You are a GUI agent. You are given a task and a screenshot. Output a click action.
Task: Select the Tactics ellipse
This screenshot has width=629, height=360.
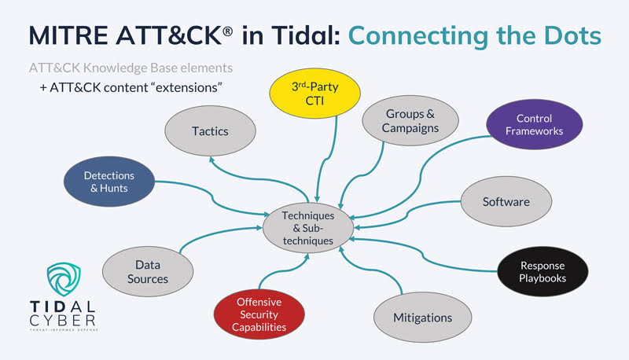pos(210,130)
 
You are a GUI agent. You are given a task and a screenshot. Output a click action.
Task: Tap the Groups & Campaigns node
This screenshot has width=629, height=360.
pos(410,120)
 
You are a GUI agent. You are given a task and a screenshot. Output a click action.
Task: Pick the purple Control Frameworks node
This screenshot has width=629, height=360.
pos(534,125)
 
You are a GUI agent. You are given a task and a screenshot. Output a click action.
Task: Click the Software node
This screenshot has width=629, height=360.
pos(506,201)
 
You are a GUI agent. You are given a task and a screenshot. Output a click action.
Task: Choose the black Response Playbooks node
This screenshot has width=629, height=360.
pos(543,272)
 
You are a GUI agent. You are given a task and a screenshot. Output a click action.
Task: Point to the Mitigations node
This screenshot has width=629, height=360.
pos(423,318)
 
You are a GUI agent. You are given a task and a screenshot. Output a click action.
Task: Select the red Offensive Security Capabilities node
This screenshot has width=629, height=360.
pos(259,313)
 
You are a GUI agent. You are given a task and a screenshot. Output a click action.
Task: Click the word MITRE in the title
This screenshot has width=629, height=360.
pos(68,35)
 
